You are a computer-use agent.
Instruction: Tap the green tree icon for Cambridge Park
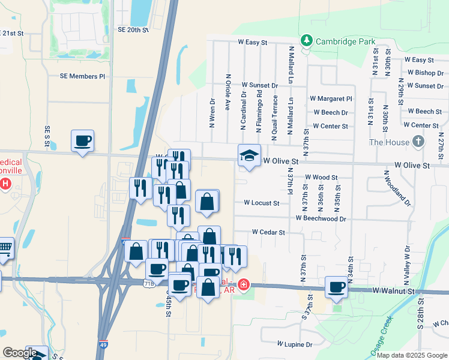pos(307,41)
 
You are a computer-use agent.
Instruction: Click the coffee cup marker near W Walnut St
pos(337,287)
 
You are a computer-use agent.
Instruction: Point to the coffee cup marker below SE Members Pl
pos(82,141)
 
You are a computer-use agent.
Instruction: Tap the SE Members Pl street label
pos(82,76)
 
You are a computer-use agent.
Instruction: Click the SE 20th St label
pos(133,29)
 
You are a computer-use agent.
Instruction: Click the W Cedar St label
pos(268,232)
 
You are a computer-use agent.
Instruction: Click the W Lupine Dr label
pos(295,344)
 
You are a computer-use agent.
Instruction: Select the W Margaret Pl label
pos(331,98)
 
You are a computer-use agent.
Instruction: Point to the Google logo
pos(20,353)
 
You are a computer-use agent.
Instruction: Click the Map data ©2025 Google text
pos(412,355)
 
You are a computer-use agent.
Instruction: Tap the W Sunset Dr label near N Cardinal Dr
pos(258,86)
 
